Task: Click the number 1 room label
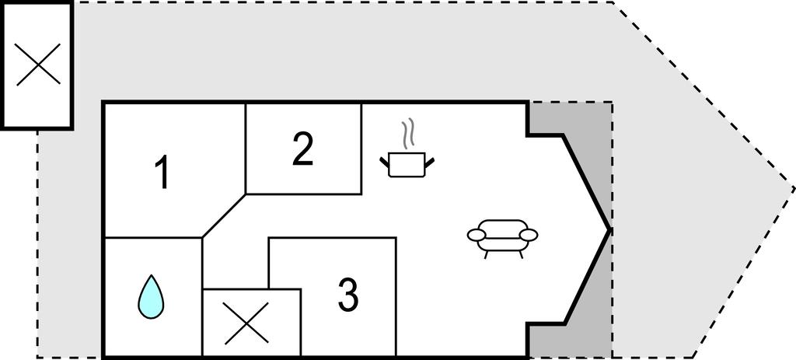[x=162, y=173]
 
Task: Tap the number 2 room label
[x=302, y=149]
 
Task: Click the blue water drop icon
[x=151, y=297]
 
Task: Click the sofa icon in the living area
[x=502, y=239]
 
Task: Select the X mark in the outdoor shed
[x=38, y=64]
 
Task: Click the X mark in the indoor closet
[x=246, y=323]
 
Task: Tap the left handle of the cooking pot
[x=384, y=162]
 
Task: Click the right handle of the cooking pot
[x=429, y=162]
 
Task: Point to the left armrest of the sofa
[x=477, y=235]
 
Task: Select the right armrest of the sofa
[x=529, y=235]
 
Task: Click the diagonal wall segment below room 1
[x=224, y=215]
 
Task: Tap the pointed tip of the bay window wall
[x=609, y=230]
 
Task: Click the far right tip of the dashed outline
[x=794, y=189]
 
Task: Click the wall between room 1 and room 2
[x=246, y=149]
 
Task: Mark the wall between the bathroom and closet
[x=202, y=297]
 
